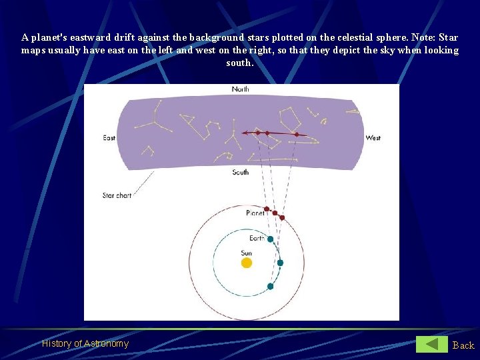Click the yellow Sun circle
[x=247, y=263]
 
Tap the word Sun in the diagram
[x=247, y=253]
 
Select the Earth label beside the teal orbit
[x=257, y=238]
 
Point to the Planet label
[x=255, y=213]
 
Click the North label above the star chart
[x=241, y=89]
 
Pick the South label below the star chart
[x=241, y=172]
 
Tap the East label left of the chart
[x=109, y=138]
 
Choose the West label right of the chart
[x=373, y=138]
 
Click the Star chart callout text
[x=117, y=195]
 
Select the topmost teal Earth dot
[x=271, y=239]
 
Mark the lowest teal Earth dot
[x=270, y=287]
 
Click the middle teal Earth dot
[x=280, y=263]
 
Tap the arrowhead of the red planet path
[x=245, y=133]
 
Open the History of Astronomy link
[x=85, y=343]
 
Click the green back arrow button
[x=432, y=344]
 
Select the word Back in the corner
[x=463, y=345]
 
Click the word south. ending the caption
[x=240, y=63]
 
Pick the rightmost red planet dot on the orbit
[x=282, y=217]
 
